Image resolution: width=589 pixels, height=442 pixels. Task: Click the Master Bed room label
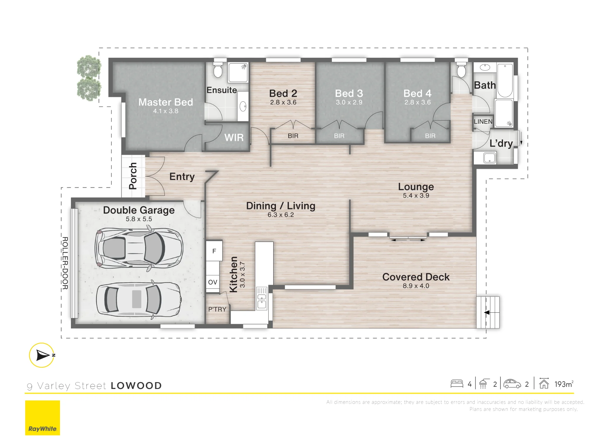tap(166, 102)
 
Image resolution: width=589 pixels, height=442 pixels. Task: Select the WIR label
tap(234, 138)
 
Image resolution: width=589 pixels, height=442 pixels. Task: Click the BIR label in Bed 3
tap(339, 136)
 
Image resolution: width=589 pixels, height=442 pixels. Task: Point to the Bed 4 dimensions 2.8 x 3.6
tap(417, 102)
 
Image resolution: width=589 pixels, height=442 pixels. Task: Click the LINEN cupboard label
tap(483, 121)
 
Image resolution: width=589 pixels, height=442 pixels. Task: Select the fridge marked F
tap(214, 251)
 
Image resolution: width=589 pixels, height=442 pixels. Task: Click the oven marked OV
tap(213, 282)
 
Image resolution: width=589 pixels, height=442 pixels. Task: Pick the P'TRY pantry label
tap(217, 309)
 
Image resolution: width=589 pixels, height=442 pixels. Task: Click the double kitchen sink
tap(262, 298)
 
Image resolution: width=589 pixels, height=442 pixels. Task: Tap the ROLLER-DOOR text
tap(65, 263)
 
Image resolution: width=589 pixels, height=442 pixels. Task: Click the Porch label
tap(133, 176)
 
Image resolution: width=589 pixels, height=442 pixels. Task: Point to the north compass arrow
tap(43, 355)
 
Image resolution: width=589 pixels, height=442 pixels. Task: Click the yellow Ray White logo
tap(42, 418)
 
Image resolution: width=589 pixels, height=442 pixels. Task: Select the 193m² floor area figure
tap(564, 384)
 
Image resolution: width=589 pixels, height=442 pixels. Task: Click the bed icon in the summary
tap(457, 384)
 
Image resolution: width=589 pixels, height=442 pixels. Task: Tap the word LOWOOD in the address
tap(136, 386)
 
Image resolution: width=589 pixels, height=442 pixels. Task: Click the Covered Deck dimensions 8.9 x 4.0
tap(416, 286)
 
